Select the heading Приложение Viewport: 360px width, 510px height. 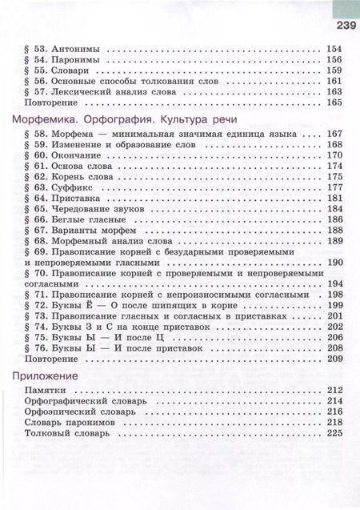46,375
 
